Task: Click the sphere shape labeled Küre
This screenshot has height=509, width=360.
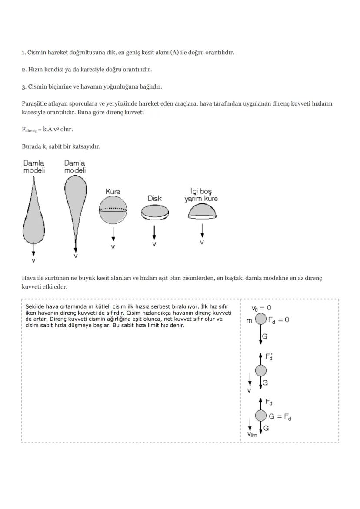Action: pos(113,210)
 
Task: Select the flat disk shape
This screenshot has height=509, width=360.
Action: pos(154,213)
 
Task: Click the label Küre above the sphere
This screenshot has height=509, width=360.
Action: pos(113,191)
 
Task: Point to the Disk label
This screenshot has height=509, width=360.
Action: pos(154,198)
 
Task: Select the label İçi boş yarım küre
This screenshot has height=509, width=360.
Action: pos(201,195)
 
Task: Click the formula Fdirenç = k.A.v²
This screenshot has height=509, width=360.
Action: pos(47,130)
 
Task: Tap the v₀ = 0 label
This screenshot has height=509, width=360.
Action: pos(261,308)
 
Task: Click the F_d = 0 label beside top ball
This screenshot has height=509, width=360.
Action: pos(279,319)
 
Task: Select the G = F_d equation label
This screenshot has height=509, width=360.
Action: pos(280,416)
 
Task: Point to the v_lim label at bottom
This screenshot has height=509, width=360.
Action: pos(252,434)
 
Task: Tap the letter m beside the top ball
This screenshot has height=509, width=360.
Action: pos(249,320)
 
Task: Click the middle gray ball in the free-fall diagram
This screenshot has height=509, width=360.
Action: pos(260,371)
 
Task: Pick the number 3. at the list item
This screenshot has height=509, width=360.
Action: pos(24,86)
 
